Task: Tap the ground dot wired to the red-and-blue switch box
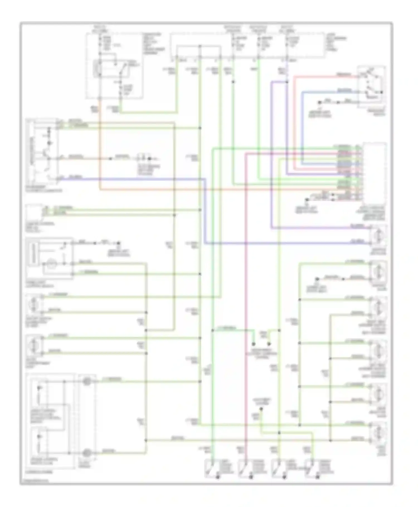click(320, 102)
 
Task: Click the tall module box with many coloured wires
click(375, 173)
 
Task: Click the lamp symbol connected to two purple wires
click(378, 236)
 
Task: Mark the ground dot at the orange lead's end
click(317, 279)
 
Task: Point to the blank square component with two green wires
click(34, 212)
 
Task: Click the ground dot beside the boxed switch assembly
click(119, 243)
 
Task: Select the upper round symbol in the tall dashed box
click(87, 381)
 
